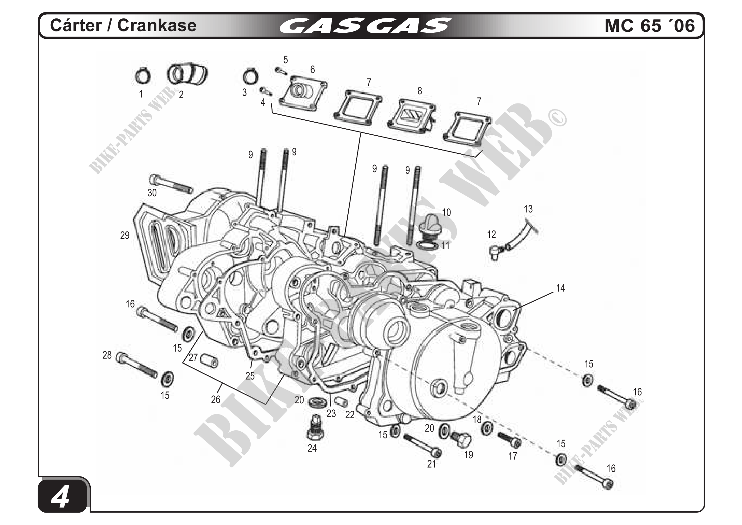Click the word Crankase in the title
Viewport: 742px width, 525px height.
(x=157, y=25)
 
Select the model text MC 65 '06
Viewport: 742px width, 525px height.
(x=650, y=25)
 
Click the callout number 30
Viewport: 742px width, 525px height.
(x=152, y=193)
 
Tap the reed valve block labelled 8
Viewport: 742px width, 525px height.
(x=411, y=116)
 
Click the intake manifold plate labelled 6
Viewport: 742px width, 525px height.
(x=303, y=92)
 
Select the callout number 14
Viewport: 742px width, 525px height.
(x=560, y=288)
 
